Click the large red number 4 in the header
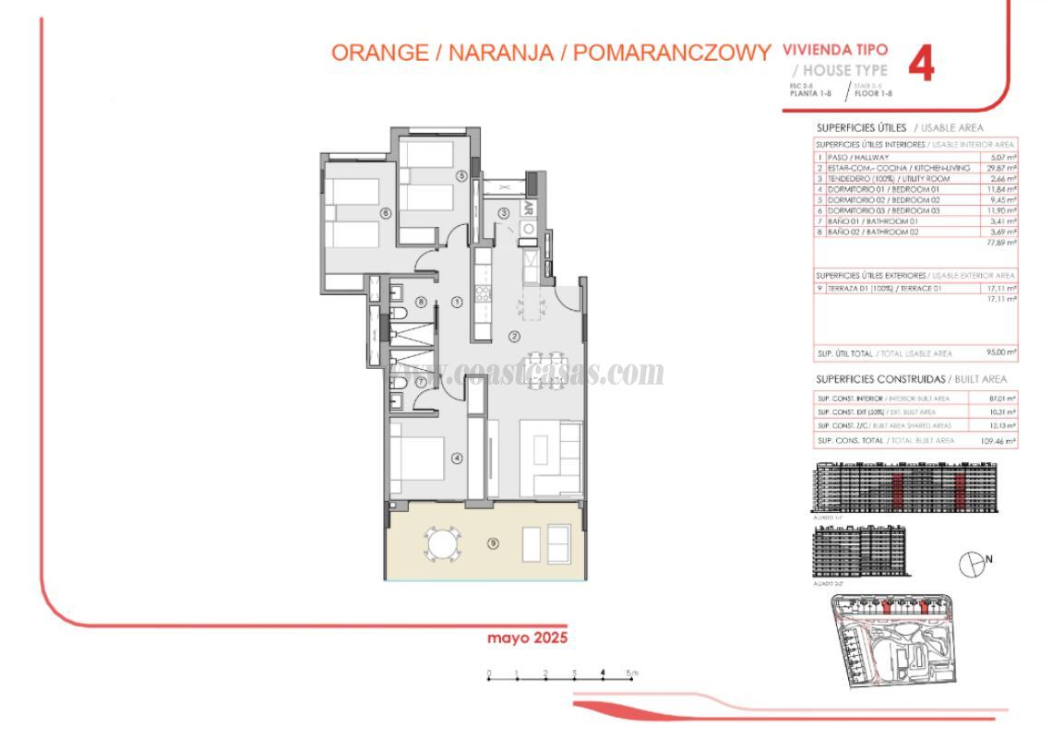point(921,65)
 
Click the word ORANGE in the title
point(380,53)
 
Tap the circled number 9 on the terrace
point(493,543)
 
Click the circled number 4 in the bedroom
point(456,457)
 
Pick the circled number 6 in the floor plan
point(386,213)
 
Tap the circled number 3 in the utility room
point(504,213)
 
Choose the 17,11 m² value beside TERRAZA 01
point(1001,289)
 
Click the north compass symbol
point(971,563)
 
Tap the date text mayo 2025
point(527,637)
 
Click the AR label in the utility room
point(530,208)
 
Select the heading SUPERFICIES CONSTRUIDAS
point(880,379)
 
